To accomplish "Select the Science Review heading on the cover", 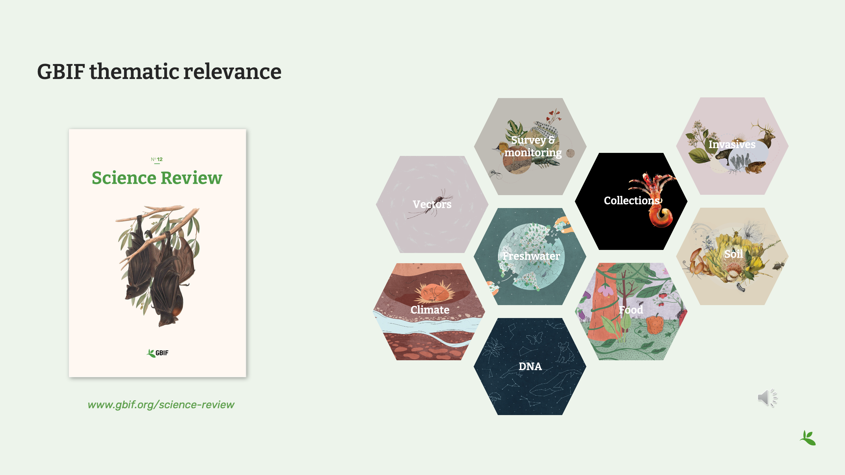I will tap(157, 178).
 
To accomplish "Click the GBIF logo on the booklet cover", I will tap(157, 353).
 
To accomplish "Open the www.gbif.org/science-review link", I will tap(161, 405).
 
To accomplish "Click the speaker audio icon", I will tap(767, 398).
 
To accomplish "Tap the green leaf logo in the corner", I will tap(808, 438).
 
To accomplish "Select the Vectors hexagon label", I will tap(432, 204).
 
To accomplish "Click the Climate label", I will tap(430, 310).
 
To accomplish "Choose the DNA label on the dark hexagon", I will tap(530, 366).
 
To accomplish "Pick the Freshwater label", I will tap(531, 256).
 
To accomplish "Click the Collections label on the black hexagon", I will tap(632, 201).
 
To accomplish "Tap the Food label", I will tap(631, 310).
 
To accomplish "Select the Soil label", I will tap(733, 254).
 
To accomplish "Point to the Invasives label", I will tap(732, 144).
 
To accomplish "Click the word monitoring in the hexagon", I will tap(533, 153).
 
